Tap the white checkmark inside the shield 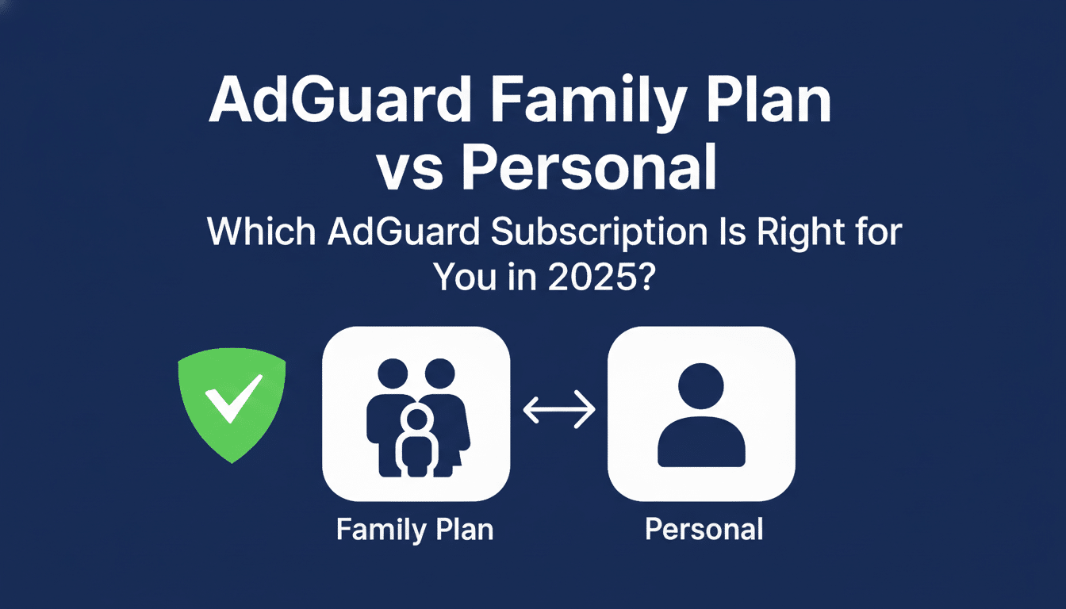(x=233, y=396)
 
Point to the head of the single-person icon (x=701, y=388)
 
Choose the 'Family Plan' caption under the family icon (x=415, y=529)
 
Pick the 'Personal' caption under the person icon (x=704, y=529)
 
